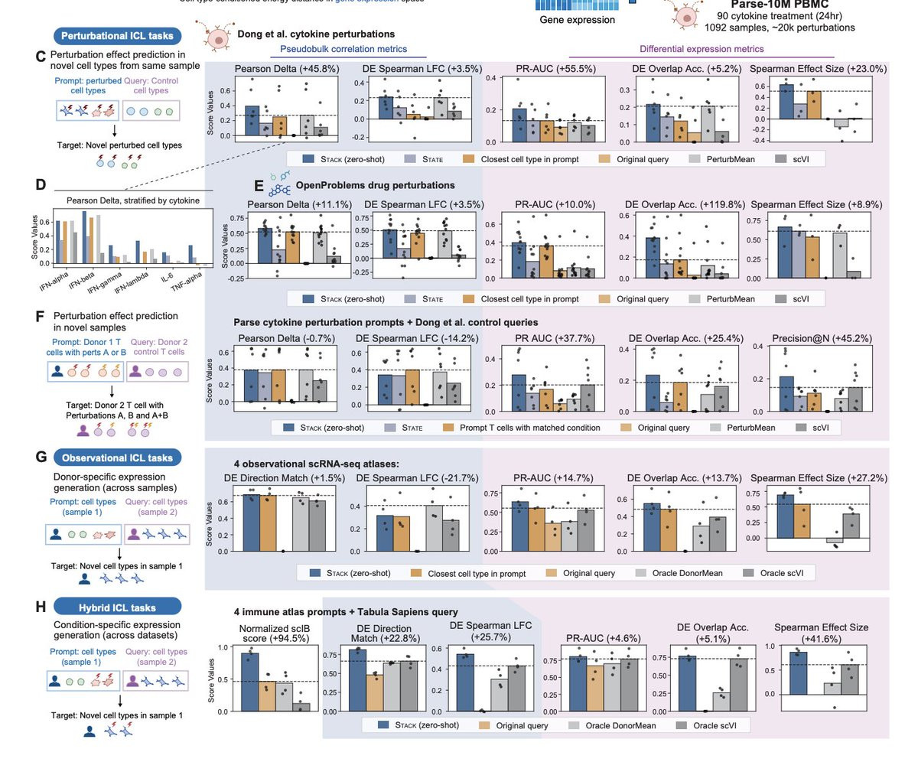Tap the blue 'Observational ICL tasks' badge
(x=117, y=458)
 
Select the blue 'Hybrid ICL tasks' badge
(x=117, y=607)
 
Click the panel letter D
(x=41, y=184)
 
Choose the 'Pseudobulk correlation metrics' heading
(x=353, y=49)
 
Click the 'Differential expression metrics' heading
(x=701, y=49)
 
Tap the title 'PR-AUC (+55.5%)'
(x=544, y=69)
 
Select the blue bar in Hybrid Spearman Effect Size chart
(x=798, y=673)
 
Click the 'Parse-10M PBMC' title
(x=780, y=4)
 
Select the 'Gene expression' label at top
(x=578, y=20)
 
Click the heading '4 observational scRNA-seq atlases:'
(x=316, y=463)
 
